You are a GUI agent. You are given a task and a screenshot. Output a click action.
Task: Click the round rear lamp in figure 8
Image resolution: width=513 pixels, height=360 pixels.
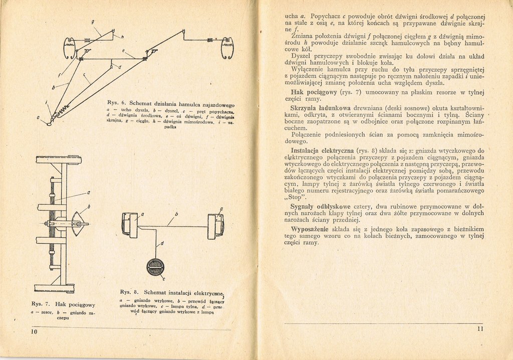155,267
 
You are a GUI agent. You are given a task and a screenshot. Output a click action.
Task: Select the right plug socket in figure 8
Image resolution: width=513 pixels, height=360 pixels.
216,226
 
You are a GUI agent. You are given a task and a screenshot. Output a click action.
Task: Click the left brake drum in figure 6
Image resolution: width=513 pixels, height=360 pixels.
70,48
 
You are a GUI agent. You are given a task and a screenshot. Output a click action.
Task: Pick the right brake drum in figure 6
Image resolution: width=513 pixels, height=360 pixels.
227,48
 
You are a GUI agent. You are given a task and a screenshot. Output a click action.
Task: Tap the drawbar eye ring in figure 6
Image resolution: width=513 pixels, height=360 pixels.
49,123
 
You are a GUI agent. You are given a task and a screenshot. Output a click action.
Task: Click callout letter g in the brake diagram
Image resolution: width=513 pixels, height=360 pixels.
93,22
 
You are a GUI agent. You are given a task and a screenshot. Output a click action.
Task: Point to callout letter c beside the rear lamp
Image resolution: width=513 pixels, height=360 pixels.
165,279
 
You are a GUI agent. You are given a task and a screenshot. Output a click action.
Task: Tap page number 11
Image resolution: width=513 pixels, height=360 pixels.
479,329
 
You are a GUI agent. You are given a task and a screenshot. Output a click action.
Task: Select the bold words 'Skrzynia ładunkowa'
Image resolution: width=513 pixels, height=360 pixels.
320,108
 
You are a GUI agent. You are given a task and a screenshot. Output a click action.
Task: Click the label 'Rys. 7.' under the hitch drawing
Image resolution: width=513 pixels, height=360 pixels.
40,304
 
